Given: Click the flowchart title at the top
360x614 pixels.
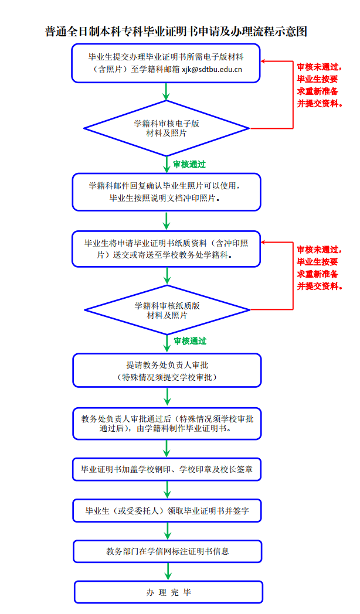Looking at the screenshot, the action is pyautogui.click(x=176, y=31).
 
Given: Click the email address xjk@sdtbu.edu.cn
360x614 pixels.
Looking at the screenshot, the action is pyautogui.click(x=212, y=69).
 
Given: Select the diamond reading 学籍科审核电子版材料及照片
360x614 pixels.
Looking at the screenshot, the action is pyautogui.click(x=167, y=128).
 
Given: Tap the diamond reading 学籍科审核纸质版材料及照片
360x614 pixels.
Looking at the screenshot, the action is pyautogui.click(x=167, y=310).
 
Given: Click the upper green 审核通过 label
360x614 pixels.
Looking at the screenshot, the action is pyautogui.click(x=189, y=165).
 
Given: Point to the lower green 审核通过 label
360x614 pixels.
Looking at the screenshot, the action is pyautogui.click(x=190, y=341).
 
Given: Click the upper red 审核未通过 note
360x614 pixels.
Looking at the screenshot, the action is pyautogui.click(x=320, y=86).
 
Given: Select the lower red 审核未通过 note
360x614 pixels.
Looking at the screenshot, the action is pyautogui.click(x=320, y=268).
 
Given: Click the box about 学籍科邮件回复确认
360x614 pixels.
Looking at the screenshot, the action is pyautogui.click(x=167, y=192).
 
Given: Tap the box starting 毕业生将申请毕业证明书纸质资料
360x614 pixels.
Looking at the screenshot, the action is pyautogui.click(x=167, y=249).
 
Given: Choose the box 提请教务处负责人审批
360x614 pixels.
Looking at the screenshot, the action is pyautogui.click(x=167, y=370).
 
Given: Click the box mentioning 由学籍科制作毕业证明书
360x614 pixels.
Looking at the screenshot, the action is pyautogui.click(x=167, y=424).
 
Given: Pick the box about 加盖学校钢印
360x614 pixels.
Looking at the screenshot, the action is pyautogui.click(x=167, y=469).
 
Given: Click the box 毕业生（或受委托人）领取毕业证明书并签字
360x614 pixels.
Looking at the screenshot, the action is pyautogui.click(x=167, y=511).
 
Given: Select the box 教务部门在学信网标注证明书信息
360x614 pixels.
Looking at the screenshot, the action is pyautogui.click(x=168, y=551).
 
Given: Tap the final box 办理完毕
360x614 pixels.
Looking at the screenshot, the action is pyautogui.click(x=168, y=592).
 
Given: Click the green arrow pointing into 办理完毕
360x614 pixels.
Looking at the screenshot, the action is pyautogui.click(x=168, y=571).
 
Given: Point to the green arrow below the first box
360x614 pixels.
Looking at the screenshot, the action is pyautogui.click(x=167, y=91).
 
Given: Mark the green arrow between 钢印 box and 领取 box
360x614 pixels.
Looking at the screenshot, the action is pyautogui.click(x=167, y=489).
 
